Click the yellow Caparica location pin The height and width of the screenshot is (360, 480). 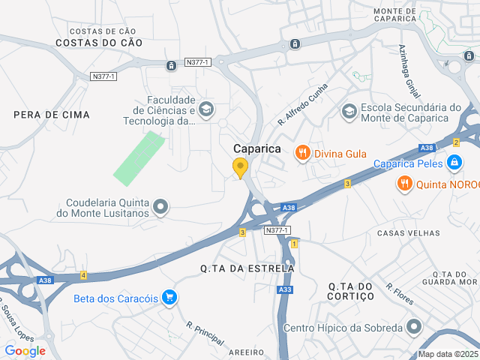tap(240, 167)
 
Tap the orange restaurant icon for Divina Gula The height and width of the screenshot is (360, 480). tap(303, 153)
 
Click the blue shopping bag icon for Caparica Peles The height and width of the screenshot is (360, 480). tap(454, 162)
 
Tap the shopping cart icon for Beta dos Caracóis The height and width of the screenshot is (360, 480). tap(170, 298)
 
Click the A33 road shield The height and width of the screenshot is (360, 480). tap(285, 289)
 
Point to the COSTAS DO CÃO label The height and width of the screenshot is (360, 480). tap(99, 43)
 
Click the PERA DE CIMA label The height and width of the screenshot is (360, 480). tap(52, 115)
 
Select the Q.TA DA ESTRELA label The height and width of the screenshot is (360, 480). tap(247, 268)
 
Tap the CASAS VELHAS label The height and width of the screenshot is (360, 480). tap(408, 233)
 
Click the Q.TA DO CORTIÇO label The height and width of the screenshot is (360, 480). tap(351, 291)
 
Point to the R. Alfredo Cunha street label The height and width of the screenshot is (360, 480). tap(303, 103)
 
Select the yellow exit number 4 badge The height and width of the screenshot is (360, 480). tap(83, 276)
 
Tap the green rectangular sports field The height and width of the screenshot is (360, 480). tap(139, 158)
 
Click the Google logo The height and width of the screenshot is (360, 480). tap(25, 350)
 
